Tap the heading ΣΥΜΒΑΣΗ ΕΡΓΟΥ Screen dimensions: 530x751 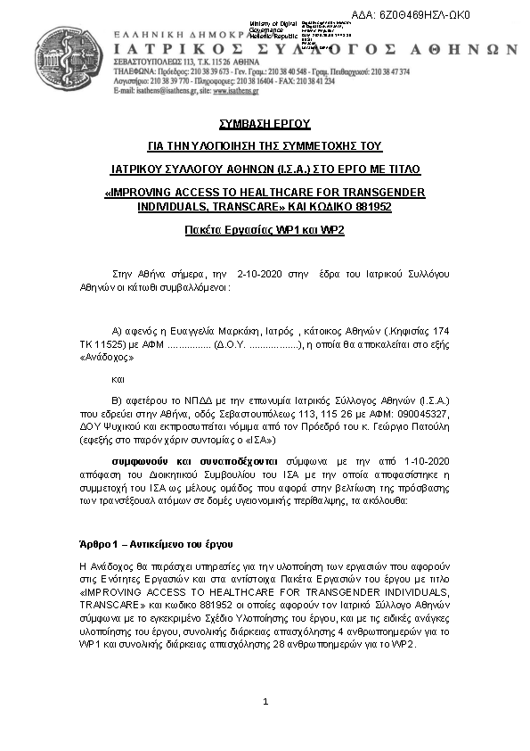[265, 124]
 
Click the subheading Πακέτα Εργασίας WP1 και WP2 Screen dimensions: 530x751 [265, 229]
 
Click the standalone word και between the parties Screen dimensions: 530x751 [119, 378]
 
